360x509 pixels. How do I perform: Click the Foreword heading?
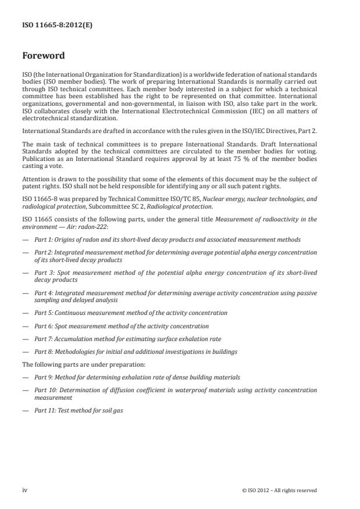(x=44, y=56)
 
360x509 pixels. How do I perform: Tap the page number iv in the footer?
(x=25, y=490)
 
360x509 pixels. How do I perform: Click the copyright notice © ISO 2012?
(x=279, y=490)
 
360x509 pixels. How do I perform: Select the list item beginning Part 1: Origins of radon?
(x=167, y=239)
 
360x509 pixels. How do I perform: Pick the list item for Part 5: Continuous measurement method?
(x=131, y=313)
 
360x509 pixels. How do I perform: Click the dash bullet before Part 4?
(x=25, y=293)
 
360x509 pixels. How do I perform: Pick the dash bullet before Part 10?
(x=25, y=390)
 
